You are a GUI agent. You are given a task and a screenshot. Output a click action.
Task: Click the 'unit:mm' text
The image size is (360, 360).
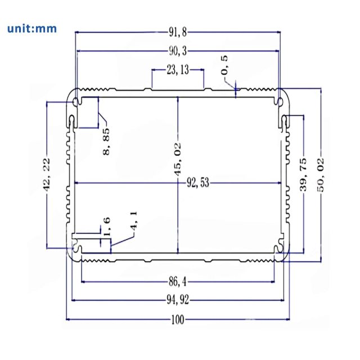pos(32,28)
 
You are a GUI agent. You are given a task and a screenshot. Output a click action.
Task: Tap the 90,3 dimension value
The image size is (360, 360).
pos(178,51)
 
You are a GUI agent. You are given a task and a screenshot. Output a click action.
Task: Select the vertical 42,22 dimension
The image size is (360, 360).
pos(47,175)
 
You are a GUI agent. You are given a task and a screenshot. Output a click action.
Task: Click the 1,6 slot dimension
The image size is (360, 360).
pos(107,226)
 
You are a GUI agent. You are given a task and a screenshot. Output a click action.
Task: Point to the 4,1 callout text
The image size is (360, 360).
pos(133,220)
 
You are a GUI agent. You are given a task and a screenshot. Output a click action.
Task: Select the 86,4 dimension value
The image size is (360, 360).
pos(178,281)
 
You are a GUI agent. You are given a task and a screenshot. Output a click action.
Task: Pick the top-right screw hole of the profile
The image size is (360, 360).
pos(280,101)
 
